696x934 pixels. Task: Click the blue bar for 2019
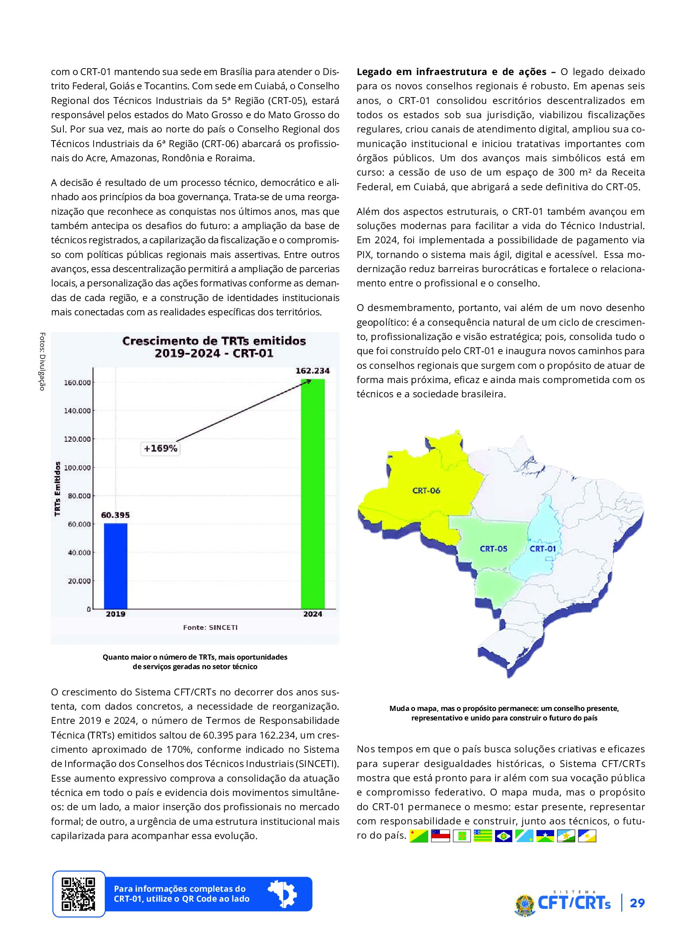[x=116, y=566]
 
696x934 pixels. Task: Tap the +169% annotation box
[x=160, y=448]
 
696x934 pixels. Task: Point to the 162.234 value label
[x=312, y=371]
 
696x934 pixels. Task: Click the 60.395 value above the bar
[x=115, y=515]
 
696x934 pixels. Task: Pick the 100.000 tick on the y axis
[x=77, y=468]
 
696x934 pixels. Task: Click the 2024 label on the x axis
[x=313, y=614]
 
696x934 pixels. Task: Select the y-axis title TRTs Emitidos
[x=57, y=488]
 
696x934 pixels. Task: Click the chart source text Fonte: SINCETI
[x=210, y=627]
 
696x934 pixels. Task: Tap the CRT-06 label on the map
[x=426, y=491]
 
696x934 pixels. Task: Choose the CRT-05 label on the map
[x=493, y=549]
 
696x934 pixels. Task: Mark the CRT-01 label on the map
[x=542, y=549]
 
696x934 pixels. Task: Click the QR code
[x=78, y=894]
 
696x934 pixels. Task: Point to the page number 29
[x=637, y=903]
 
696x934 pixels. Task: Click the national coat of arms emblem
[x=525, y=904]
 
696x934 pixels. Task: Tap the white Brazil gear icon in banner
[x=282, y=893]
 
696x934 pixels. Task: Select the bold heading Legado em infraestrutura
[x=451, y=72]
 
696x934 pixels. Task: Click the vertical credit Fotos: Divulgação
[x=42, y=361]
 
